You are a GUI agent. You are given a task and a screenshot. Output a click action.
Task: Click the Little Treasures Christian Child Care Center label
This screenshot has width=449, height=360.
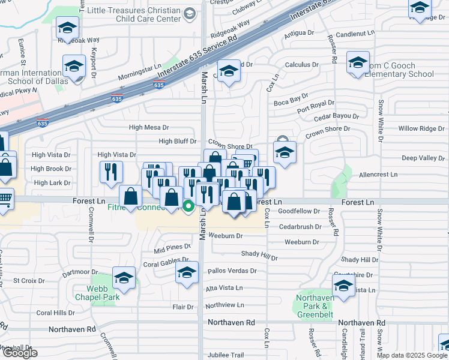(x=133, y=15)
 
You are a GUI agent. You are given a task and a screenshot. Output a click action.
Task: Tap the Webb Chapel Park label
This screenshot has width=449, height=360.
(x=97, y=293)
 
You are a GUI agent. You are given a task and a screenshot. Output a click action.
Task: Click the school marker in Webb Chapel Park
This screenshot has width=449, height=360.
(x=124, y=278)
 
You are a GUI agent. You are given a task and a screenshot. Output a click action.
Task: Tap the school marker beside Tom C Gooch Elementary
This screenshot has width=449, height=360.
(x=358, y=64)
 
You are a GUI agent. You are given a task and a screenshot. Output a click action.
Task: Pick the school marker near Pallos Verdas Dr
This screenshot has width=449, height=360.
(x=187, y=273)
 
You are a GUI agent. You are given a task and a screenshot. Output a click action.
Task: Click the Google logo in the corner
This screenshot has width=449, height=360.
(x=19, y=353)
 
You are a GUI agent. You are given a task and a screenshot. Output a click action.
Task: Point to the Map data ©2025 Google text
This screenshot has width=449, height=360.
(x=412, y=355)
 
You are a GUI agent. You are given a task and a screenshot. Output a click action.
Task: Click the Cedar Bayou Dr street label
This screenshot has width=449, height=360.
(x=336, y=116)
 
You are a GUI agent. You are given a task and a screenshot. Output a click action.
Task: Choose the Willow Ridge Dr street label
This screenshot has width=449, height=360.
(x=417, y=128)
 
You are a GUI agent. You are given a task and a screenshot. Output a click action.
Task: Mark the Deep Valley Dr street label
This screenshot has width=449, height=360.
(x=423, y=158)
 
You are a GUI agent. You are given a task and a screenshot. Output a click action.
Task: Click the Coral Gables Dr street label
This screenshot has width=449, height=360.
(x=162, y=263)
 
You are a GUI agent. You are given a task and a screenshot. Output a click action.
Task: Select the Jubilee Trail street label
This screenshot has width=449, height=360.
(x=226, y=355)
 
